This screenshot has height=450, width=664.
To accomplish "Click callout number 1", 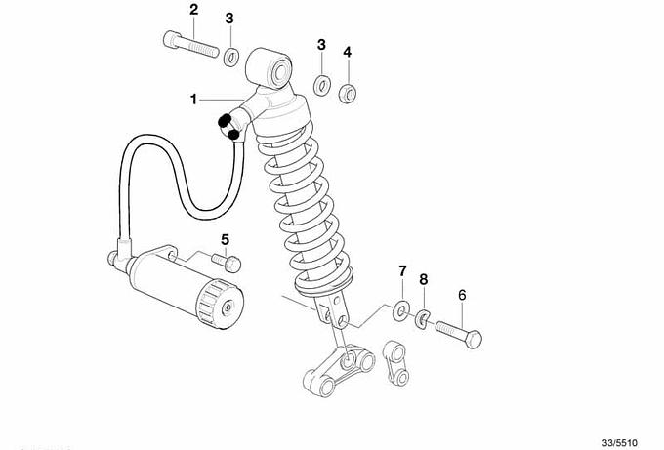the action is [193, 100].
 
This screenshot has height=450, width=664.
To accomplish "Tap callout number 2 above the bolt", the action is [193, 10].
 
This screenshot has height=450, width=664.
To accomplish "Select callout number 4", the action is [348, 52].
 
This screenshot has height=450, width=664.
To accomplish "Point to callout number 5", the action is [225, 240].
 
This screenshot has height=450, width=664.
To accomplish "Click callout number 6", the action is [462, 295].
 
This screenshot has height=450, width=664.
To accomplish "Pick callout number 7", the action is [402, 271].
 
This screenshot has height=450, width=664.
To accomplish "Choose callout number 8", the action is [424, 279].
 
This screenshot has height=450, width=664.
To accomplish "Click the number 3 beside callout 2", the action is [229, 19].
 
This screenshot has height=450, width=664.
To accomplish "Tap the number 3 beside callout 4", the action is [322, 45].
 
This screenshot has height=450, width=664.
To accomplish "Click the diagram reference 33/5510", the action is [619, 443].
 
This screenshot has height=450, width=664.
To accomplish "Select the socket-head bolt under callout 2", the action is [190, 45].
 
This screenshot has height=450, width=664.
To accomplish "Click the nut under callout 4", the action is [348, 93].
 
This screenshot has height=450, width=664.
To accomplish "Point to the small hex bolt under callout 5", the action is [227, 262].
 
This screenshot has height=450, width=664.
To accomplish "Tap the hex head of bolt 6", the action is [473, 339].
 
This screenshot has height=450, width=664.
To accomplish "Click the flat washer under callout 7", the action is [402, 310].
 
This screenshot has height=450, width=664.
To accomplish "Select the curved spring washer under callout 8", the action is [422, 319].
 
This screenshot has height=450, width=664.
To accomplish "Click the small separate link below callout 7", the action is [395, 363].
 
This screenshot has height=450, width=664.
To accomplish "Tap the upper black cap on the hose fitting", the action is [225, 121].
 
